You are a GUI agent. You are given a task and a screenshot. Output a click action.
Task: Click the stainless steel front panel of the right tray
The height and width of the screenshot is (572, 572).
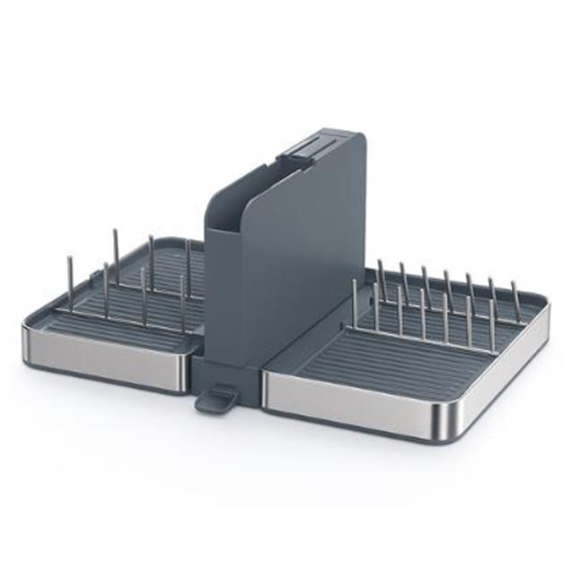point(359,404)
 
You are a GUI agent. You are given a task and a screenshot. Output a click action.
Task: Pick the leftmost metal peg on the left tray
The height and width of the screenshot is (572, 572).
point(70,283)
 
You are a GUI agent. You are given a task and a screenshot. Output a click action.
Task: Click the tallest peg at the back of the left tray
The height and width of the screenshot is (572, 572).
point(116,256)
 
